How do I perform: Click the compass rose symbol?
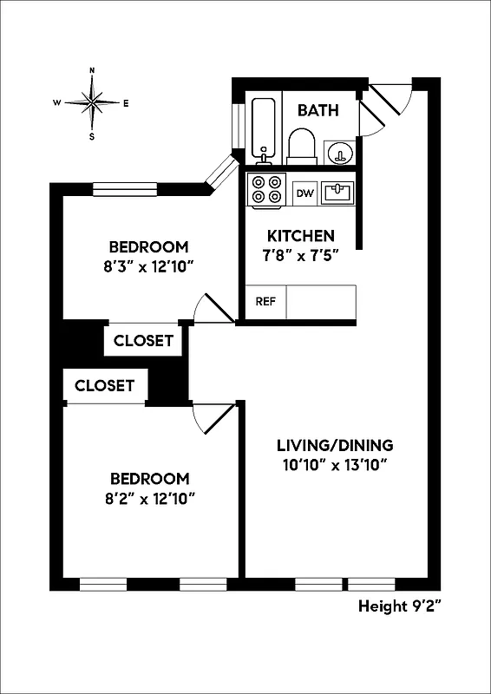[x=92, y=103]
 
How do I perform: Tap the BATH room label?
[x=318, y=110]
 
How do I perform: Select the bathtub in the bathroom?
[x=264, y=129]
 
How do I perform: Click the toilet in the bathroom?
[x=301, y=147]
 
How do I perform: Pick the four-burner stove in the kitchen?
[x=267, y=191]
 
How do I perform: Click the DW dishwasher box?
[x=304, y=193]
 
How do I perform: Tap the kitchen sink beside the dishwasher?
[x=337, y=192]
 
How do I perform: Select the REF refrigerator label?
[x=265, y=302]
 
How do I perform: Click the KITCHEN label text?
[x=300, y=236]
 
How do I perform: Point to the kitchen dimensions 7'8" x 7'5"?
[x=300, y=255]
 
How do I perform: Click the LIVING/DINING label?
[x=335, y=445]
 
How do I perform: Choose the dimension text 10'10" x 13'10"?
[x=335, y=465]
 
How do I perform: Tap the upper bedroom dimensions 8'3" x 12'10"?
[x=147, y=266]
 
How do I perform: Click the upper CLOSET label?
[x=143, y=341]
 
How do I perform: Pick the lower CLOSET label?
[x=104, y=385]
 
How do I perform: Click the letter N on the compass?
[x=92, y=71]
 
